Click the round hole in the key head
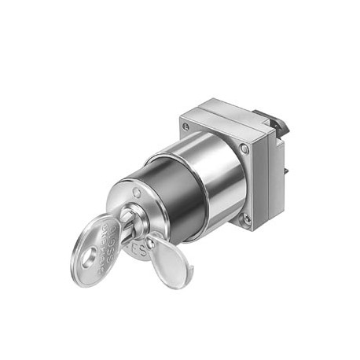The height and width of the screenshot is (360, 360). click(x=89, y=253)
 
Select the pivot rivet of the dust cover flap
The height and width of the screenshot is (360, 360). click(x=155, y=239)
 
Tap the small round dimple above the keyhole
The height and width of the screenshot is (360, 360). click(x=138, y=191)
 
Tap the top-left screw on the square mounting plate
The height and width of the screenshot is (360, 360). click(x=186, y=126)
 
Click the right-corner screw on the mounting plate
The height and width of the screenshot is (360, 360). click(x=244, y=149)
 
